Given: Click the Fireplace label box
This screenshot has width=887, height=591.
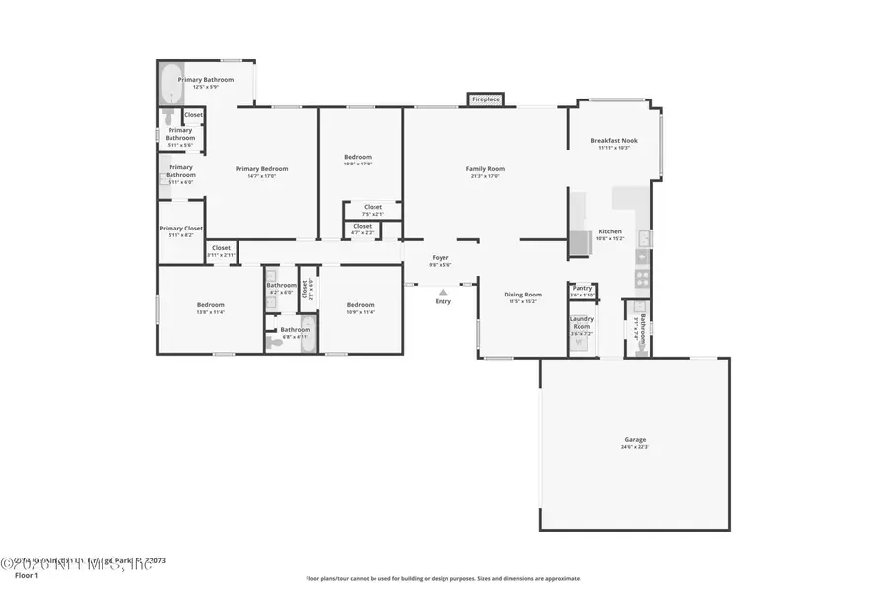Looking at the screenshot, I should [x=485, y=99].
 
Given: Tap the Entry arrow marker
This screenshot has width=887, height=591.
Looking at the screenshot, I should [x=443, y=292].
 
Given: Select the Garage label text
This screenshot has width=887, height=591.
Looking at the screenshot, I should [x=634, y=440].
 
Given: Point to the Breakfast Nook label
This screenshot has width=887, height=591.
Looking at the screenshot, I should [x=614, y=141].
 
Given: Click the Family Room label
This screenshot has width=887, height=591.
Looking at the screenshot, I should [x=485, y=169].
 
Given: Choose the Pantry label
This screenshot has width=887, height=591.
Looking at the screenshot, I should [x=582, y=289].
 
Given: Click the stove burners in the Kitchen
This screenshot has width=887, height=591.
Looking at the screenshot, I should [x=643, y=278].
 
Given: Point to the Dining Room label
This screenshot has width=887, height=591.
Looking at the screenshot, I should [x=523, y=295].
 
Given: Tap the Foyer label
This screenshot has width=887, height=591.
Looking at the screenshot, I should [x=441, y=258].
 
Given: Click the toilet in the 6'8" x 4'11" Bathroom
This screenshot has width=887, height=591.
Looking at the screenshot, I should [x=270, y=341].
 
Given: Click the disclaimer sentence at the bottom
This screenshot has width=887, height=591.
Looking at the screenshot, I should [x=443, y=579].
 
